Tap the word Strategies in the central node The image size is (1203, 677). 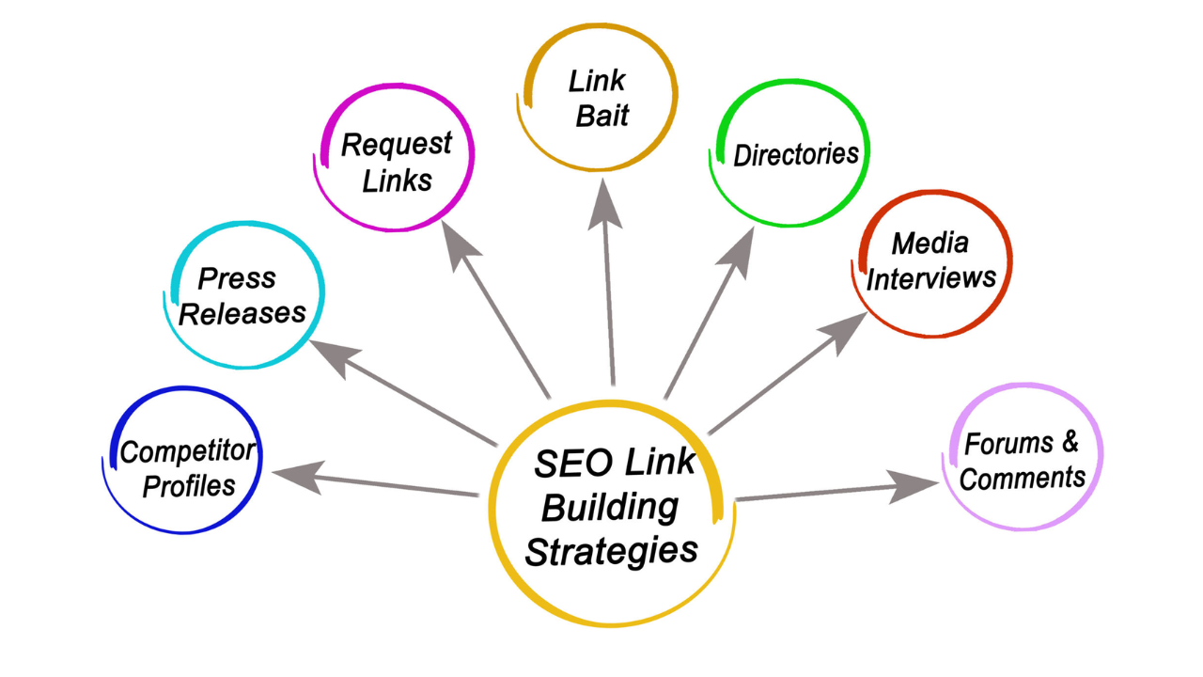tap(611, 550)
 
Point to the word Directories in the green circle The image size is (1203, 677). tap(796, 154)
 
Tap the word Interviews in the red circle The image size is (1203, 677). tap(930, 278)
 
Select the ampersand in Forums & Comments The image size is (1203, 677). tap(1069, 441)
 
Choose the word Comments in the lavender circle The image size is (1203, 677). tap(1023, 478)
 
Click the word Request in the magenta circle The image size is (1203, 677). tap(396, 145)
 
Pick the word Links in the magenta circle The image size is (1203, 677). tap(397, 180)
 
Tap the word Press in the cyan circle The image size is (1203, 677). tap(236, 278)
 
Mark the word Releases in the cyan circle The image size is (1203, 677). tap(242, 312)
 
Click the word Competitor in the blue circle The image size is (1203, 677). tap(187, 452)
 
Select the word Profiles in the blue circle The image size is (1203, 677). tap(189, 486)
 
